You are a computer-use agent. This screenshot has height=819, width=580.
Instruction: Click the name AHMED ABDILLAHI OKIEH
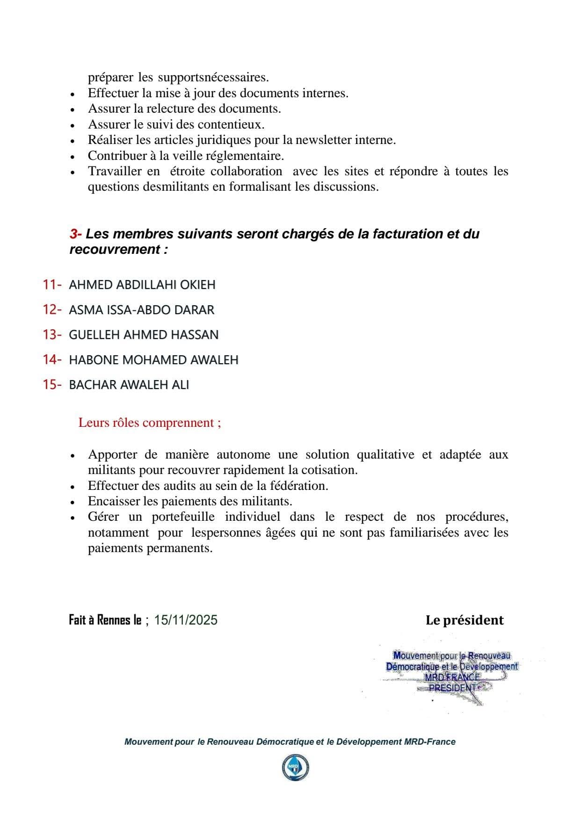(142, 285)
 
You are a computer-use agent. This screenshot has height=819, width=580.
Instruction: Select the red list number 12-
(52, 309)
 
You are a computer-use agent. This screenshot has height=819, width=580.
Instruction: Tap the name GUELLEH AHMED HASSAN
(144, 335)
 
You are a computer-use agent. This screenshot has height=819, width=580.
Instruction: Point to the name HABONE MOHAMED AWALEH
(153, 360)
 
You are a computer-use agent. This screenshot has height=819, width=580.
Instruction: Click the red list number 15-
(52, 385)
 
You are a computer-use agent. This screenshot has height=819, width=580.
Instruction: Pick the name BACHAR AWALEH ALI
(129, 385)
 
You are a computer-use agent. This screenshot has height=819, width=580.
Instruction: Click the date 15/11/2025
(186, 620)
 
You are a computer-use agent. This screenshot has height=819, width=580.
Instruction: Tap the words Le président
(464, 620)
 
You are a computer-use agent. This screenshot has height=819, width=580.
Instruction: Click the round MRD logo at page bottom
(295, 768)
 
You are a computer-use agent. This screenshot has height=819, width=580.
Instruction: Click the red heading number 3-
(76, 234)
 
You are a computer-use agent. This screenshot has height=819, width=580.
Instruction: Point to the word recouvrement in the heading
(115, 250)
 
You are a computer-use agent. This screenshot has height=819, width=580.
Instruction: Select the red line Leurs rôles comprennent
(150, 423)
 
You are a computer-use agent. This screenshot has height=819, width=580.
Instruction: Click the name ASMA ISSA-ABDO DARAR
(141, 310)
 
